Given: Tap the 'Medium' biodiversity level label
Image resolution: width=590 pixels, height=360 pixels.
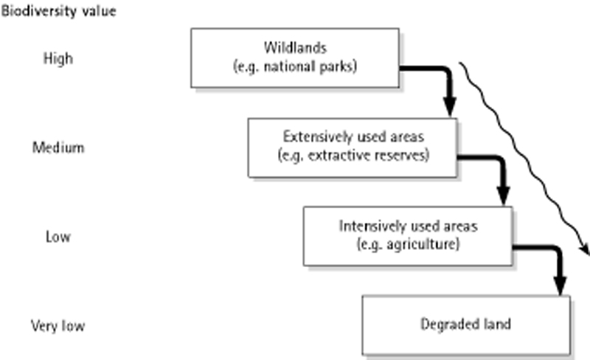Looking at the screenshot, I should [58, 148].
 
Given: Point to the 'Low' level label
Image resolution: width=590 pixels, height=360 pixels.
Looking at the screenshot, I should [58, 237].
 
